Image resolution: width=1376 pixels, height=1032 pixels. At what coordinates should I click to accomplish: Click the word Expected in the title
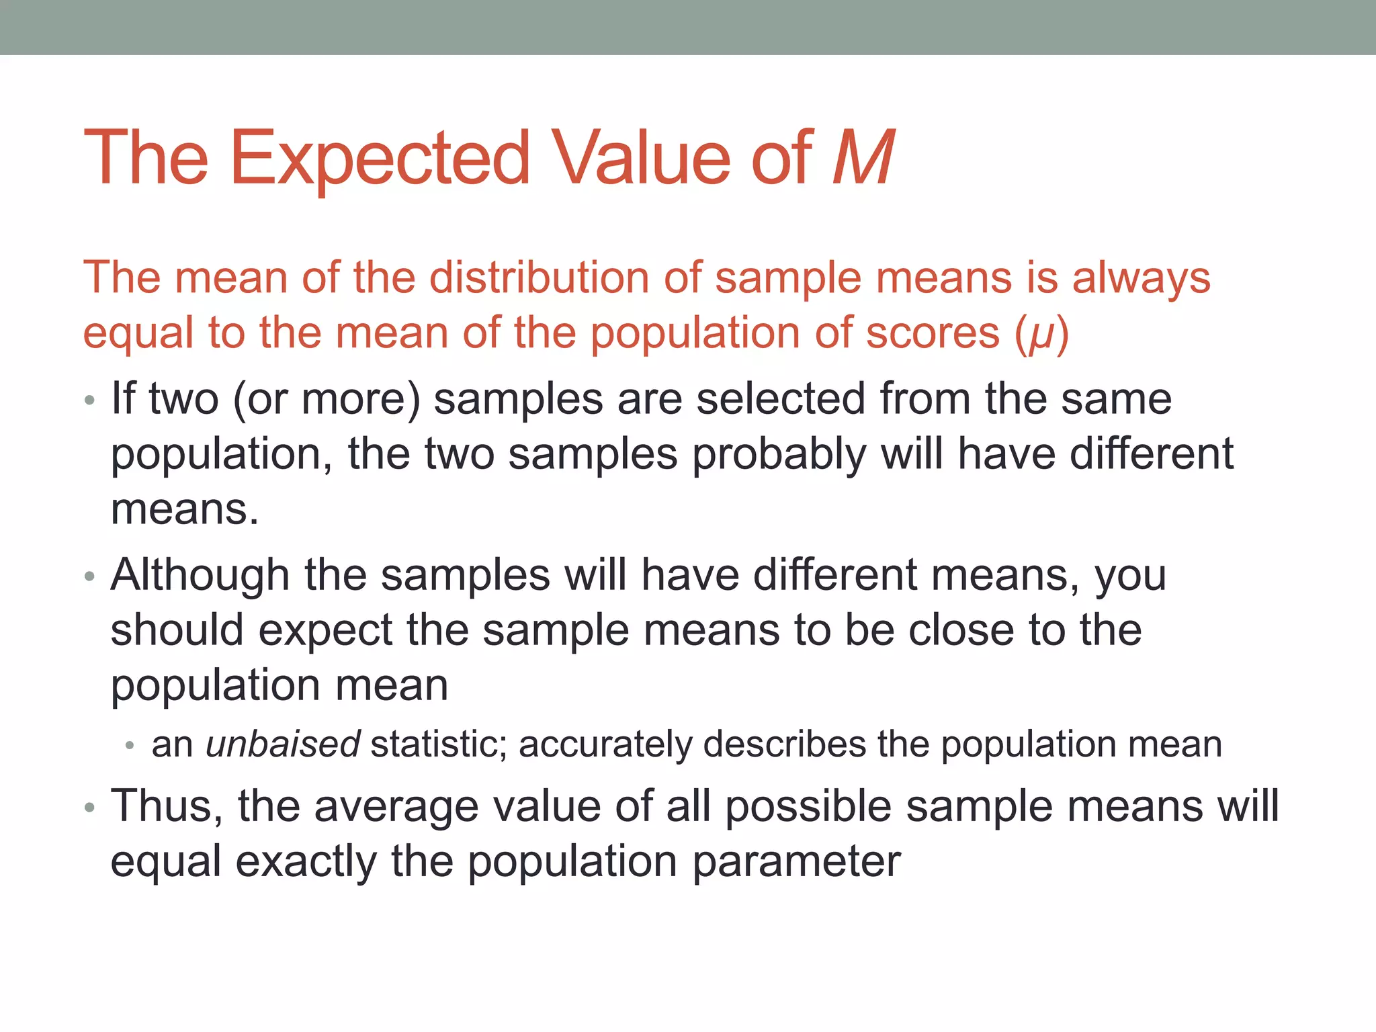coord(380,159)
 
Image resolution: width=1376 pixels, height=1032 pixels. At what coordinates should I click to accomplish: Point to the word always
coord(1141,279)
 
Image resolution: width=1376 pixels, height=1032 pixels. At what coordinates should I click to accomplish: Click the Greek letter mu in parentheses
coord(1041,335)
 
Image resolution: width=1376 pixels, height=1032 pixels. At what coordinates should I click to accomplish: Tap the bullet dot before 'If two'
coord(89,401)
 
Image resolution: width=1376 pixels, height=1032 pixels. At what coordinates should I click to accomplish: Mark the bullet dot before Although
coord(89,577)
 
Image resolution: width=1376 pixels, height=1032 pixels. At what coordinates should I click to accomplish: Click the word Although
coord(200,576)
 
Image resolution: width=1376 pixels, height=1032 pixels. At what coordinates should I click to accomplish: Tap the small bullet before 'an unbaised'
coord(130,746)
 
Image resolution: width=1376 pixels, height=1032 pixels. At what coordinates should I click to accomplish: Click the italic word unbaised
coord(283,744)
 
